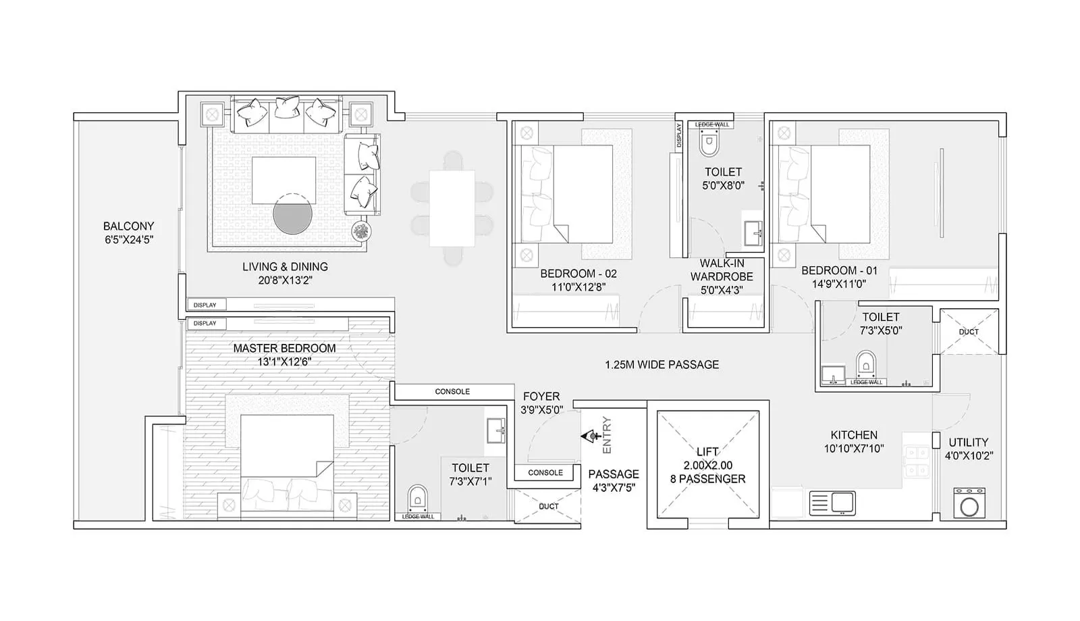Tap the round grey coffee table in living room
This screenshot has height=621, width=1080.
293,215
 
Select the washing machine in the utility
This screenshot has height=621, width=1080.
969,503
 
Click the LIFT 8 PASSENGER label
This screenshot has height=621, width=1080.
707,466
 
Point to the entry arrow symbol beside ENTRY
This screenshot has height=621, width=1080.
591,437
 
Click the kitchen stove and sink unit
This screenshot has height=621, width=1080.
832,503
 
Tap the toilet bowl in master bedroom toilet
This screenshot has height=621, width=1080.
418,499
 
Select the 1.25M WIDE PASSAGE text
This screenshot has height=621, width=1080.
661,365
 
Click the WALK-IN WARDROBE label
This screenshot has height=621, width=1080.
722,270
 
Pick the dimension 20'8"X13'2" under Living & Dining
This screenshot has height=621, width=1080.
285,280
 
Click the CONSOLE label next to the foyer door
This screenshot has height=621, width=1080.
545,472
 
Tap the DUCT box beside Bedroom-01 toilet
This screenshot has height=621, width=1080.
969,331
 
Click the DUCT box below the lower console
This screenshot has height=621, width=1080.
548,506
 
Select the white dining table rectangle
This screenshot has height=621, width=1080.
452,208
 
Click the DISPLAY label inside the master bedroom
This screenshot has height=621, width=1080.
205,323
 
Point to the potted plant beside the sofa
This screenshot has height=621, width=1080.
361,232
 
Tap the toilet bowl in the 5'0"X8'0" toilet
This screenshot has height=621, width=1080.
708,143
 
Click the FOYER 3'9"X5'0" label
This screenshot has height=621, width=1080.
541,403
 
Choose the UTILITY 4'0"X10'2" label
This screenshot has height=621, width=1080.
968,449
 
